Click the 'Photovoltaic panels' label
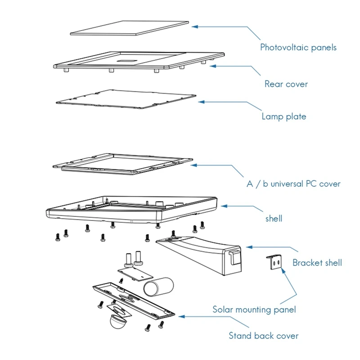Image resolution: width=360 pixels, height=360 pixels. [298, 47]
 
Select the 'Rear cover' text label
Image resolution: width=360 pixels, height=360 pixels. [286, 84]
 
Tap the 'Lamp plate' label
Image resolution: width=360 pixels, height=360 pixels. [283, 117]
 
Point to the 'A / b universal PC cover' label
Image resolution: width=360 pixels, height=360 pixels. [293, 184]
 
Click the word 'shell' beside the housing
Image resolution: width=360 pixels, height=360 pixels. [274, 218]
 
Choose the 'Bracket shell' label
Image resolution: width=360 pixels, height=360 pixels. [317, 262]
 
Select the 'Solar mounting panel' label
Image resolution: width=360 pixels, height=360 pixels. [254, 310]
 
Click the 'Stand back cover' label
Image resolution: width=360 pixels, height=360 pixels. [263, 336]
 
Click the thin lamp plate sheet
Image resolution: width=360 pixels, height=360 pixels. [126, 99]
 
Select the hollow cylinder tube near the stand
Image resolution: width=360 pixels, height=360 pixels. [158, 287]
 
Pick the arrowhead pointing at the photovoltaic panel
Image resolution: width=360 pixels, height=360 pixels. [195, 27]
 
